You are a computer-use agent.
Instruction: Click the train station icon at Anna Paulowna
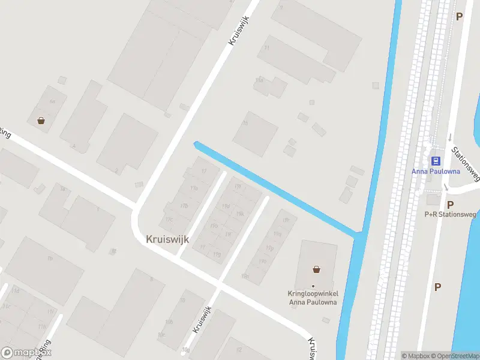(436, 161)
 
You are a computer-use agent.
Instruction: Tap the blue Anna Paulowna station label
(436, 171)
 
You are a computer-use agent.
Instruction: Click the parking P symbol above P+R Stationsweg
(450, 204)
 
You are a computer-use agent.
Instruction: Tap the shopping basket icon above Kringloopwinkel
(316, 269)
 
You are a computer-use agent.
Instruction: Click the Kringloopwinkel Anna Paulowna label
(312, 298)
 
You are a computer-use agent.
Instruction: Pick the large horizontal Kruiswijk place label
(167, 239)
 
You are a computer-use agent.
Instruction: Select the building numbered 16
(245, 124)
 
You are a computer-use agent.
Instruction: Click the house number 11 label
(267, 47)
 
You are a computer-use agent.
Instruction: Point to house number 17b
(184, 206)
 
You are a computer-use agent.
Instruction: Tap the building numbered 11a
(260, 79)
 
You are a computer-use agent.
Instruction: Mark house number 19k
(240, 213)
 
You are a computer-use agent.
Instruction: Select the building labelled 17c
(169, 220)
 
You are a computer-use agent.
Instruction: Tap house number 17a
(193, 189)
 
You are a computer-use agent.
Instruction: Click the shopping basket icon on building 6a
(41, 120)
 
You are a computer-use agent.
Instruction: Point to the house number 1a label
(62, 189)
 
